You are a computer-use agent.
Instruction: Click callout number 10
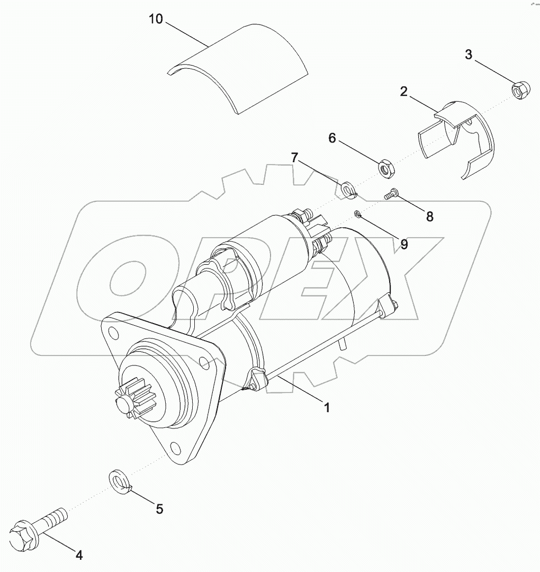tap(156, 20)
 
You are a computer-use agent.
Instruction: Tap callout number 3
tap(468, 54)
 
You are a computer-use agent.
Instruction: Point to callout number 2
tap(404, 92)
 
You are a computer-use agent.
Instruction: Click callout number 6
tap(332, 138)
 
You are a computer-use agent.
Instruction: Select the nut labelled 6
tap(385, 168)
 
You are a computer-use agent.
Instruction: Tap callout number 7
tap(295, 157)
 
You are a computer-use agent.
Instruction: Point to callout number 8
tap(429, 216)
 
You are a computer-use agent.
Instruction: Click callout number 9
tap(404, 244)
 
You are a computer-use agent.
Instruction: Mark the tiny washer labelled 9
tap(358, 213)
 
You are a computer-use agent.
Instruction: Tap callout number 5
tap(159, 509)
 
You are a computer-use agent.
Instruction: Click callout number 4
tap(78, 555)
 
